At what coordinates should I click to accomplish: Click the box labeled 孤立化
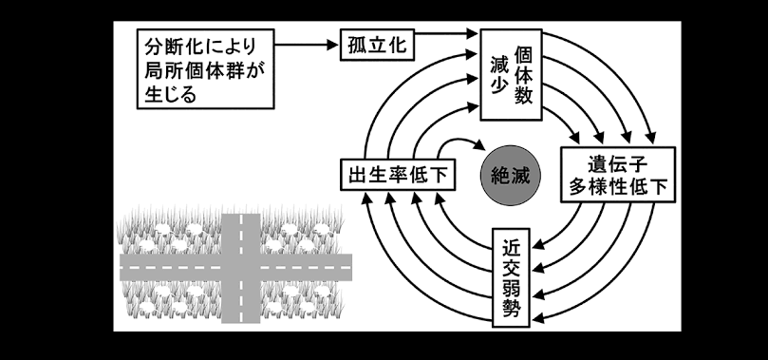pyautogui.click(x=377, y=45)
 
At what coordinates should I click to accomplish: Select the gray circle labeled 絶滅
pyautogui.click(x=511, y=175)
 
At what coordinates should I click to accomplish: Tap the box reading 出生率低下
pyautogui.click(x=398, y=175)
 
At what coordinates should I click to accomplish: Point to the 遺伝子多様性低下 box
pyautogui.click(x=618, y=175)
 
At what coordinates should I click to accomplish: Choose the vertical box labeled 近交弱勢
pyautogui.click(x=511, y=276)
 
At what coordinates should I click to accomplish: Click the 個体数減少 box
pyautogui.click(x=511, y=74)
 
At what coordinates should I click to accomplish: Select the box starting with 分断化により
pyautogui.click(x=205, y=68)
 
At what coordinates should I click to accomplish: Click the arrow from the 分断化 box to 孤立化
pyautogui.click(x=307, y=45)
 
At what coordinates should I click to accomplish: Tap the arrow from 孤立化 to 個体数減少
pyautogui.click(x=446, y=34)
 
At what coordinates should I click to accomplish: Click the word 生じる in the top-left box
pyautogui.click(x=170, y=93)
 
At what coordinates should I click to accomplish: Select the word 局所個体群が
pyautogui.click(x=204, y=69)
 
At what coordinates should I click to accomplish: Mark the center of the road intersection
pyautogui.click(x=240, y=268)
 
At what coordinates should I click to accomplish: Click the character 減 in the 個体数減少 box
pyautogui.click(x=498, y=65)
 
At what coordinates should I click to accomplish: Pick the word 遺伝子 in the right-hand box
pyautogui.click(x=618, y=163)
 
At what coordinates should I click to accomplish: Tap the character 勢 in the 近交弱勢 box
pyautogui.click(x=511, y=308)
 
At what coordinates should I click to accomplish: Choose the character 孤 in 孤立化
pyautogui.click(x=358, y=45)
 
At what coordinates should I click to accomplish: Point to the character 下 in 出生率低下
pyautogui.click(x=438, y=175)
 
